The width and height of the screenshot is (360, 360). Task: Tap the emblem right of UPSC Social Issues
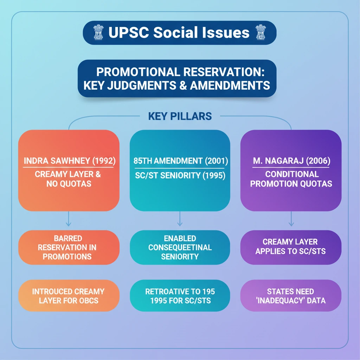click(x=261, y=33)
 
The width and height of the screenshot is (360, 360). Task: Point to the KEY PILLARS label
click(x=180, y=116)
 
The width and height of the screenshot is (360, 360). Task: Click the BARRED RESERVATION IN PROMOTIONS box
click(x=69, y=247)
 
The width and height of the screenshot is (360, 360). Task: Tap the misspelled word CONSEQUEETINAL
click(x=180, y=247)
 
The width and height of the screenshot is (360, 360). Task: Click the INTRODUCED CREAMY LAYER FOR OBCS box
click(x=69, y=296)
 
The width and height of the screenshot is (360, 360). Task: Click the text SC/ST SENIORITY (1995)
click(x=180, y=175)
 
